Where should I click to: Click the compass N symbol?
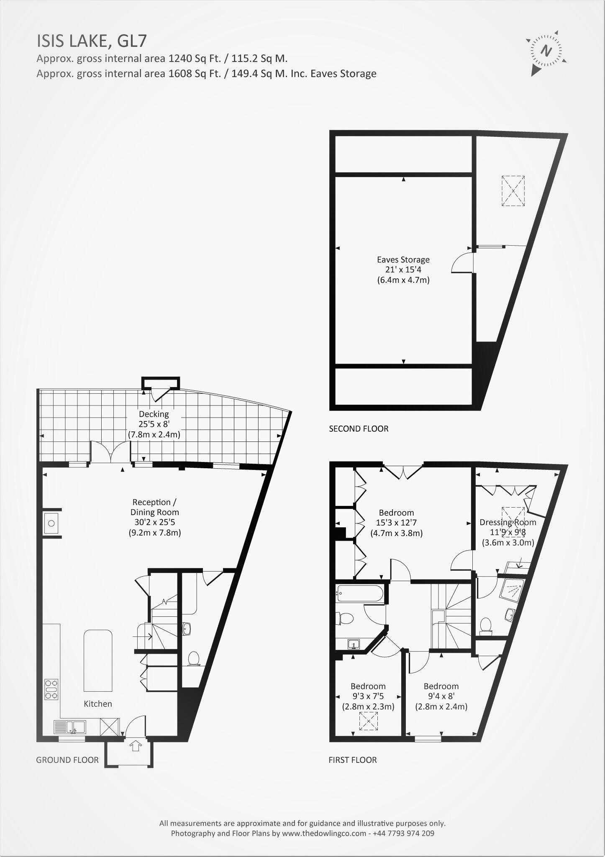546,51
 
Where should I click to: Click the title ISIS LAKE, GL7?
92,41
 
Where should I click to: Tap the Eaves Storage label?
403,259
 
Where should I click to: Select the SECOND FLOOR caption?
359,428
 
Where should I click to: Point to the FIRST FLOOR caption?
352,760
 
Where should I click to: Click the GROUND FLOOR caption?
67,760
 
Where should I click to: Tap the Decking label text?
154,414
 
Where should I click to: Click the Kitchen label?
98,704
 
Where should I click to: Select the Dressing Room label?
508,522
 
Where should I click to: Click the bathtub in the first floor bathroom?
359,593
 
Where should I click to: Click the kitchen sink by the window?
70,727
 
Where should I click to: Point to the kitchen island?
98,661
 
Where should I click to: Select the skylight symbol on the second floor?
513,191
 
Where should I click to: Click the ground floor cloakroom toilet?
193,659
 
